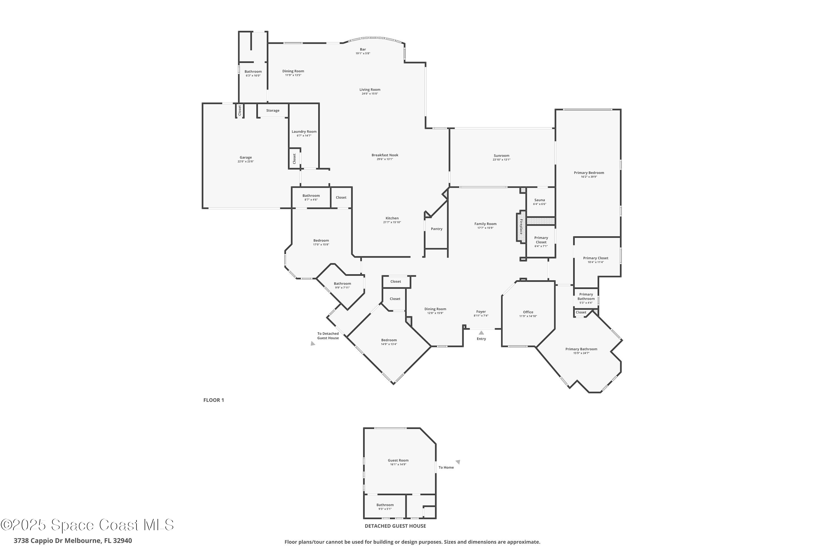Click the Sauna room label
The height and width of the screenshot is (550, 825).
coord(540,200)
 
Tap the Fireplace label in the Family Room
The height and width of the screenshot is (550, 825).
coord(521,227)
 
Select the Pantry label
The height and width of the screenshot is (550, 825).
coord(436,229)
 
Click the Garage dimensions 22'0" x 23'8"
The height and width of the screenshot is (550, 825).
coord(246,162)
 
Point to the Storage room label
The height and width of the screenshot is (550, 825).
coord(273,111)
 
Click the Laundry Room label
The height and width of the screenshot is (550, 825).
coord(304,131)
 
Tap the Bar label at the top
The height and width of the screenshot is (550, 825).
coord(363,50)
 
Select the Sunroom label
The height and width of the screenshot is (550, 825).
coord(501,155)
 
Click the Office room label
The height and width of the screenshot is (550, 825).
coord(528,312)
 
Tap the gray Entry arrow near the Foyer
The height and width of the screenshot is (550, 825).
coord(481,332)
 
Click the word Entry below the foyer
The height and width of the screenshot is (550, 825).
coord(481,339)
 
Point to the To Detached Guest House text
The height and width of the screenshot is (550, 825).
coord(328,336)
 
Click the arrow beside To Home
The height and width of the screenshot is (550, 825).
coord(458,462)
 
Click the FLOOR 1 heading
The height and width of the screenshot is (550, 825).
coord(213,400)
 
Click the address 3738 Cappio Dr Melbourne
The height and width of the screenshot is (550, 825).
coord(73,541)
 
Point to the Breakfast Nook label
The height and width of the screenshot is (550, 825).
coord(385,155)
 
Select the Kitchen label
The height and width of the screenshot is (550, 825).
coord(392,218)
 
